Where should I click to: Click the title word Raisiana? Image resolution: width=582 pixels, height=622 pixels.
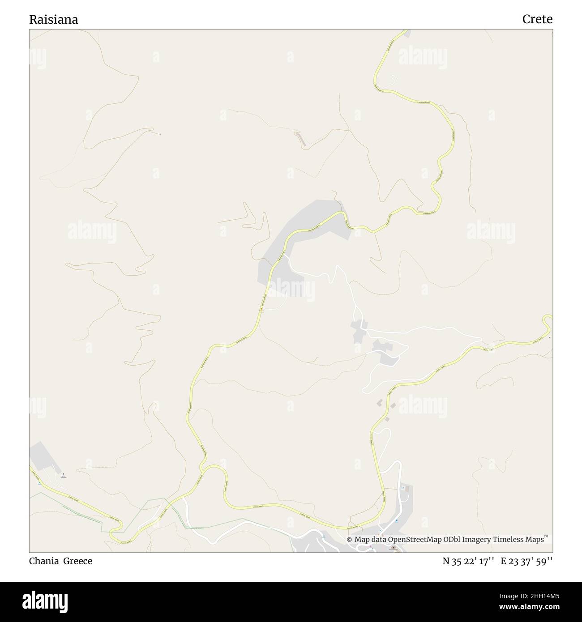click(x=53, y=19)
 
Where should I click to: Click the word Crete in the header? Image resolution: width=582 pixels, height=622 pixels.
click(x=537, y=19)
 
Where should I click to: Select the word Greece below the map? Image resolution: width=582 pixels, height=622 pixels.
click(x=77, y=561)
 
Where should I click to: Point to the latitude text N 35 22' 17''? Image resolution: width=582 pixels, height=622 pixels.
click(x=468, y=561)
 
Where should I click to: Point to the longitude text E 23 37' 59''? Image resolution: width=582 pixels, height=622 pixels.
click(x=526, y=561)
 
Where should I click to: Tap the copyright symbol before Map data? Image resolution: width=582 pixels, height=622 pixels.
click(x=349, y=540)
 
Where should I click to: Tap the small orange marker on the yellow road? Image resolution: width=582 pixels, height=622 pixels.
click(x=261, y=309)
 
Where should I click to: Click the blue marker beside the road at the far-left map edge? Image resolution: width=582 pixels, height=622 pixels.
click(x=39, y=483)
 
